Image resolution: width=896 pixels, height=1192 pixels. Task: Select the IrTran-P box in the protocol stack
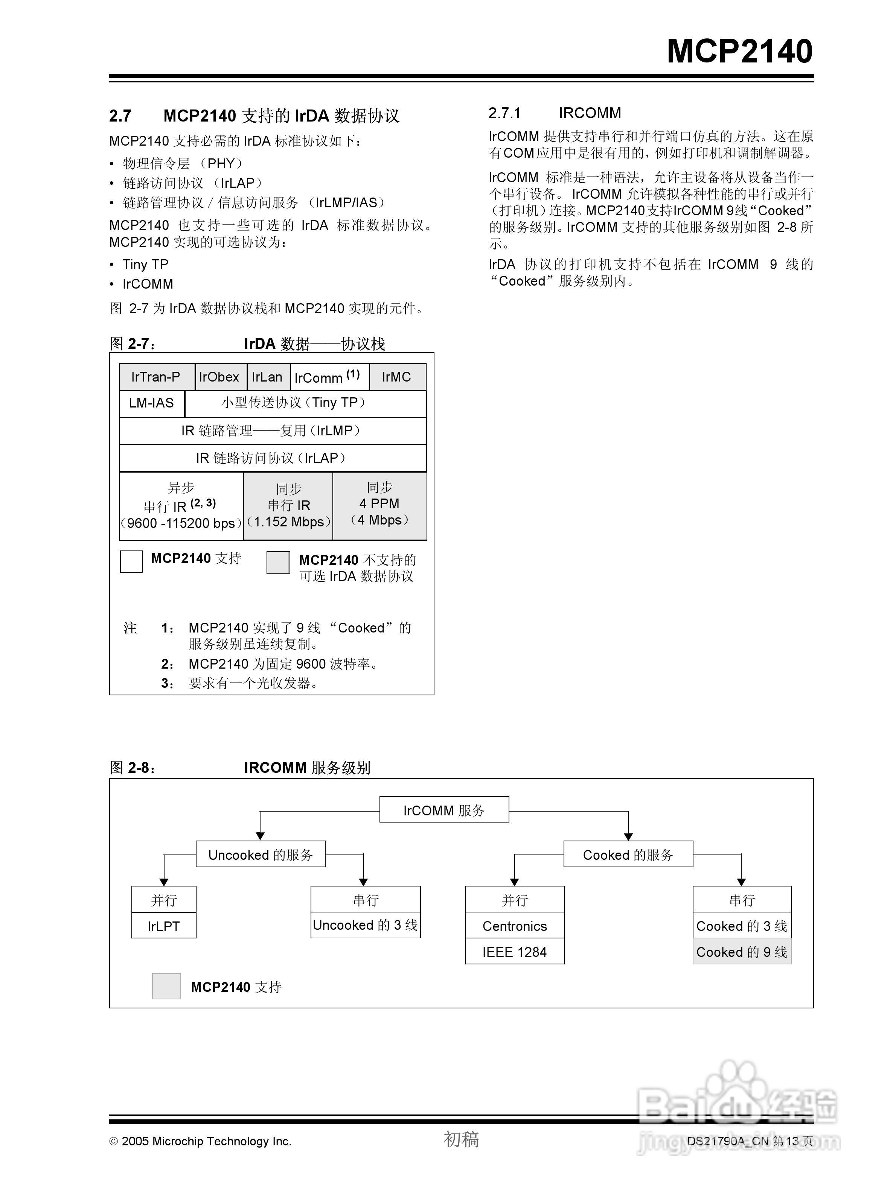156,377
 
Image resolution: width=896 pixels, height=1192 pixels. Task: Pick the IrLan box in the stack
267,377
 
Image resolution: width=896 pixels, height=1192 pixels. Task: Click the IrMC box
396,377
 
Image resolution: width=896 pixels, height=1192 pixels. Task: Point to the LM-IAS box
151,403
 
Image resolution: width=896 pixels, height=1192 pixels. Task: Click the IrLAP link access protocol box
272,458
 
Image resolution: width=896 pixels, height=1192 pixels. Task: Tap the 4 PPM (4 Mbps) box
379,505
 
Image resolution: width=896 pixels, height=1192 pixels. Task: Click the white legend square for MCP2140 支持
131,561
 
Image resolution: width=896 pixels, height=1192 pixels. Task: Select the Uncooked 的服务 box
261,854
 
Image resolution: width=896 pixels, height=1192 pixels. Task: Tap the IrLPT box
163,926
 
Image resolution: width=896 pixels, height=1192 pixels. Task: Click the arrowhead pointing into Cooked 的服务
628,836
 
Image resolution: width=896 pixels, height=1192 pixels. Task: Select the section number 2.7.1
504,113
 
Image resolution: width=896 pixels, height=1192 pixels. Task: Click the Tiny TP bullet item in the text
146,265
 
